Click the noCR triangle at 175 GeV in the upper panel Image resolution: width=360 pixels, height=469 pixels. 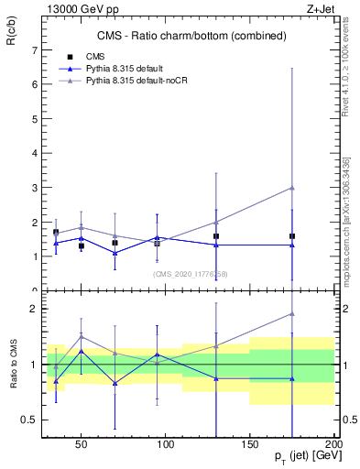291,188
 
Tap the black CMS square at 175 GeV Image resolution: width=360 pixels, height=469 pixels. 291,236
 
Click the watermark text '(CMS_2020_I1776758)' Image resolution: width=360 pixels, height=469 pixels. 190,274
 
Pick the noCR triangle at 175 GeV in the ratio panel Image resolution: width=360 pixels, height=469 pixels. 291,314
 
